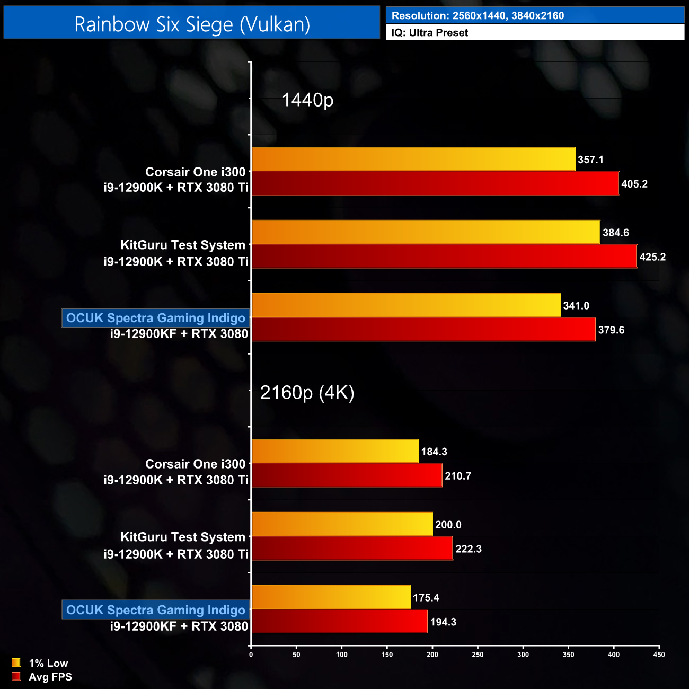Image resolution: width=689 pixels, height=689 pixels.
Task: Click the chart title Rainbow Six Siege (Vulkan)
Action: click(x=192, y=24)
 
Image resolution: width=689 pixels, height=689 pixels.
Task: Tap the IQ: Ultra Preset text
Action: click(x=429, y=33)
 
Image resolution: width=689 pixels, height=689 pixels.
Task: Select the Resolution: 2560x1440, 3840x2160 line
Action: click(x=478, y=16)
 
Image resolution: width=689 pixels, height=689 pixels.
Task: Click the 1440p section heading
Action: click(x=307, y=100)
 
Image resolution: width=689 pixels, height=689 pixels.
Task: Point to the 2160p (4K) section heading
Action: click(x=307, y=392)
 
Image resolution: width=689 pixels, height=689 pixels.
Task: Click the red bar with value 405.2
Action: click(x=435, y=183)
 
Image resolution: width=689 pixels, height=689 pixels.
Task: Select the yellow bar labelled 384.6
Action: click(x=426, y=232)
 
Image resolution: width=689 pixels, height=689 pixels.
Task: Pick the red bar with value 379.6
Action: click(x=423, y=330)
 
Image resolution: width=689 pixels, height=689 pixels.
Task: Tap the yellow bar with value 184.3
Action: click(x=335, y=451)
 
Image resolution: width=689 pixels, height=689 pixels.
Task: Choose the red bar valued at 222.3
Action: click(x=352, y=549)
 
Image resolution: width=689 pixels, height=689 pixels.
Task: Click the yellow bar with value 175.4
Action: click(x=331, y=597)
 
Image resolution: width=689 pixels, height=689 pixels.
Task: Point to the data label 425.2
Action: click(x=652, y=257)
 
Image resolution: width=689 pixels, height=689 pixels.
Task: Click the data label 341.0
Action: click(x=576, y=306)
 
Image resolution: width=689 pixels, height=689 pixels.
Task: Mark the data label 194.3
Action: click(x=443, y=622)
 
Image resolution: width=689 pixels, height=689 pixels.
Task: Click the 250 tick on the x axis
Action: click(x=478, y=655)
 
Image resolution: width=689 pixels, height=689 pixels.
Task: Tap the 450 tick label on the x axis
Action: click(x=659, y=655)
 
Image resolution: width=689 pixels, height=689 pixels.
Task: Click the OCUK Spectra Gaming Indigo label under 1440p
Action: click(x=156, y=318)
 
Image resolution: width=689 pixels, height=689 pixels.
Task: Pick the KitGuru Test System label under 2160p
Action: click(x=183, y=537)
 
